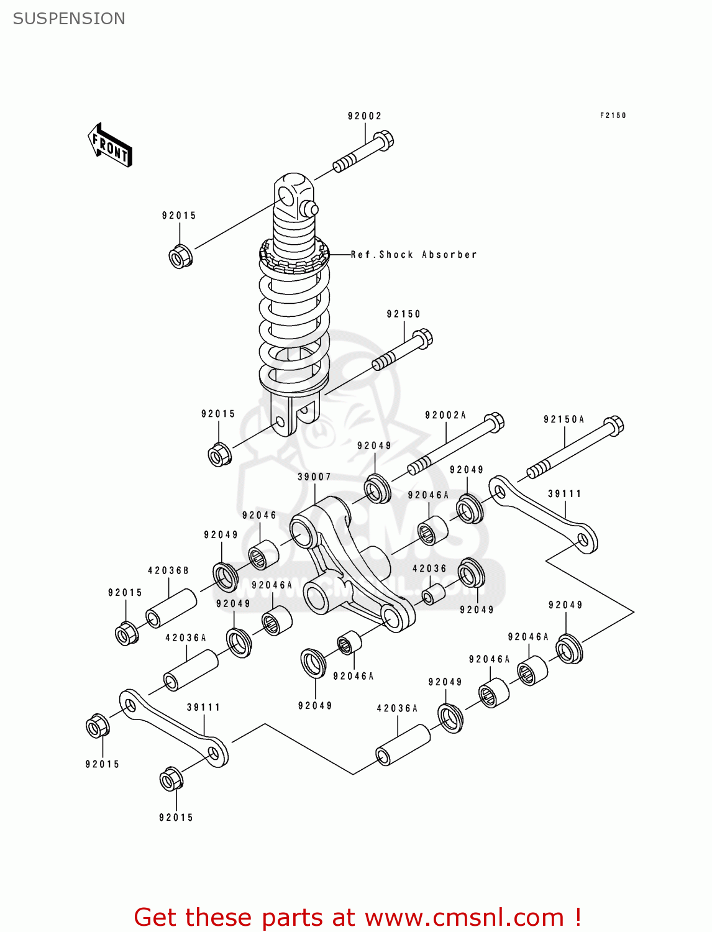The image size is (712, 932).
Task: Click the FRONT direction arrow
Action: click(x=110, y=145)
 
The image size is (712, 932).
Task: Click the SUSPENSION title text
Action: click(x=69, y=19)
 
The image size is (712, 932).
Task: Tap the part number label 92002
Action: click(x=365, y=116)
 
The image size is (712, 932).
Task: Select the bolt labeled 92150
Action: click(x=402, y=352)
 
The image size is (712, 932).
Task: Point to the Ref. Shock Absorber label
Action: click(x=414, y=255)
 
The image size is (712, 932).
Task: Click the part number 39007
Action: click(x=314, y=477)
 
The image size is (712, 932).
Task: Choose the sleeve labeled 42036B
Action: click(x=171, y=608)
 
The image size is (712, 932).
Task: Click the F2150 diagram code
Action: click(x=613, y=116)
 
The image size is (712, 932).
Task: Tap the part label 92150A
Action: click(x=564, y=420)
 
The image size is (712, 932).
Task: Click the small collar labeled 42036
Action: click(x=433, y=593)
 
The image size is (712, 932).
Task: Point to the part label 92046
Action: click(x=259, y=515)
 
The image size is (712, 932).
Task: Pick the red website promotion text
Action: click(x=357, y=917)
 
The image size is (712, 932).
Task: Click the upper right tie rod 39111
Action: click(x=543, y=513)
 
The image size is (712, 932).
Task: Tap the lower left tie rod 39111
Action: click(x=173, y=726)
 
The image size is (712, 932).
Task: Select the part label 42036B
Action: click(x=168, y=570)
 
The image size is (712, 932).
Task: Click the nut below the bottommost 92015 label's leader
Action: click(x=171, y=780)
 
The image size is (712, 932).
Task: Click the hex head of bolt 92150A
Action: click(x=613, y=426)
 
